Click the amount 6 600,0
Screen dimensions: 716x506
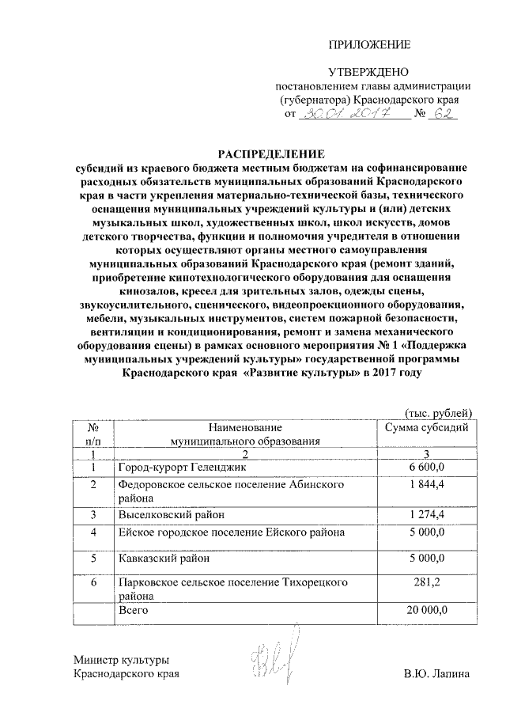click(427, 468)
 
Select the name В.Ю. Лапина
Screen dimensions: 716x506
click(436, 674)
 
